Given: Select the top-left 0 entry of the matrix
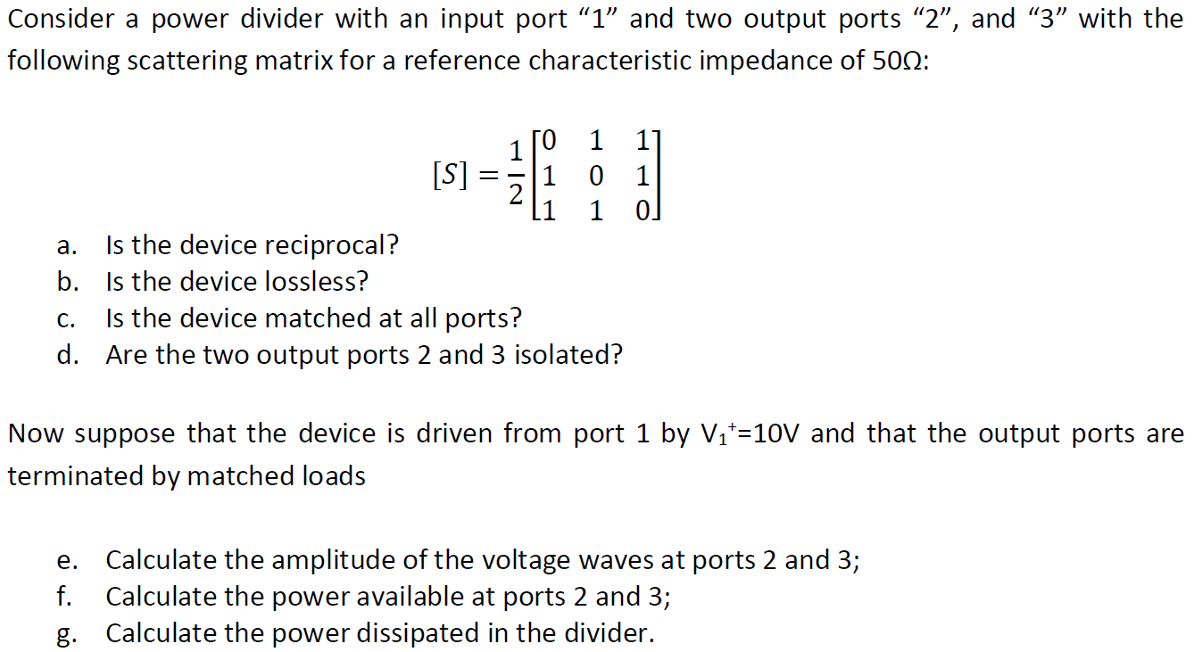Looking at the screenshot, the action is (x=549, y=140).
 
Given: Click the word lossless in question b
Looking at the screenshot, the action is (x=317, y=282).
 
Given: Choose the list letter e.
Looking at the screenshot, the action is (x=63, y=561).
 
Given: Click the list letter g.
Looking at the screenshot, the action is (x=63, y=634).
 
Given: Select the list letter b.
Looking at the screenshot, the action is (x=65, y=282).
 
